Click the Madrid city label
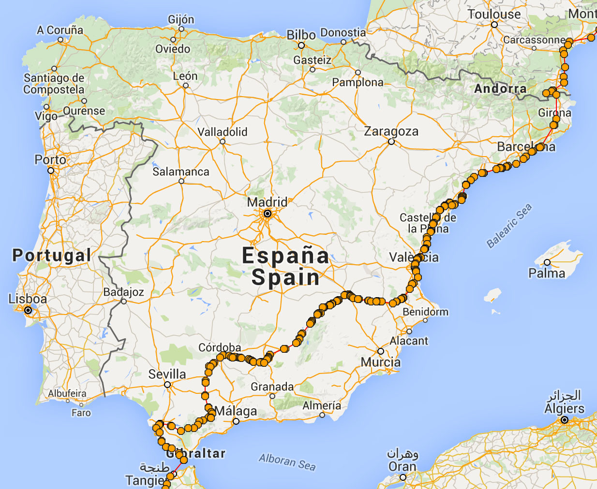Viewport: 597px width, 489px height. point(267,202)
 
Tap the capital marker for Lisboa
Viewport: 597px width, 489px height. point(28,310)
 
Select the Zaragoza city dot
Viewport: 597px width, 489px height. point(391,142)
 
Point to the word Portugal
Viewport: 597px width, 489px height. point(52,255)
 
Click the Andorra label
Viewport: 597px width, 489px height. point(500,88)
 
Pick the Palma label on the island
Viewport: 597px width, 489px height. point(547,273)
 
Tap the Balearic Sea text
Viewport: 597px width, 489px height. point(509,226)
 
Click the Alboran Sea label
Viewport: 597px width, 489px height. point(287,461)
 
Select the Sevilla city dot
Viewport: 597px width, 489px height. point(167,385)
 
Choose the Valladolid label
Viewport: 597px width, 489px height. point(223,132)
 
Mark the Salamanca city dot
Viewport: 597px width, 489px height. point(181,181)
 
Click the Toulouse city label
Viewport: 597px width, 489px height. point(494,14)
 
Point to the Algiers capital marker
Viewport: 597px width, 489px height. point(564,420)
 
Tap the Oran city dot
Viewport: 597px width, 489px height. point(403,477)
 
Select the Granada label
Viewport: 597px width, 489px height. point(272,387)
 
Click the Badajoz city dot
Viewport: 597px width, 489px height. point(124,302)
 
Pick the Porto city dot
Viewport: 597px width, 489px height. point(51,171)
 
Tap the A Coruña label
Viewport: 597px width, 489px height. point(60,30)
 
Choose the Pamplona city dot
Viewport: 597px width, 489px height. point(358,72)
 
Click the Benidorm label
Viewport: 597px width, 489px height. point(425,312)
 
